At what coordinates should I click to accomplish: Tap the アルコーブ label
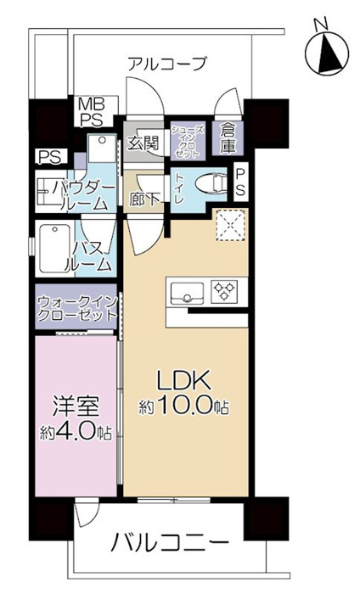pyautogui.click(x=167, y=63)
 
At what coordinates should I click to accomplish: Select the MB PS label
pyautogui.click(x=91, y=112)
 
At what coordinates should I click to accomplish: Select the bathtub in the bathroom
pyautogui.click(x=53, y=248)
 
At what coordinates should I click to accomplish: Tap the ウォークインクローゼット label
pyautogui.click(x=76, y=308)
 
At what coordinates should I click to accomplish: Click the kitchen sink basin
pyautogui.click(x=188, y=294)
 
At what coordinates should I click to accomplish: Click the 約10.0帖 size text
pyautogui.click(x=184, y=407)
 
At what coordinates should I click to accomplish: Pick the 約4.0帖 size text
pyautogui.click(x=75, y=432)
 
